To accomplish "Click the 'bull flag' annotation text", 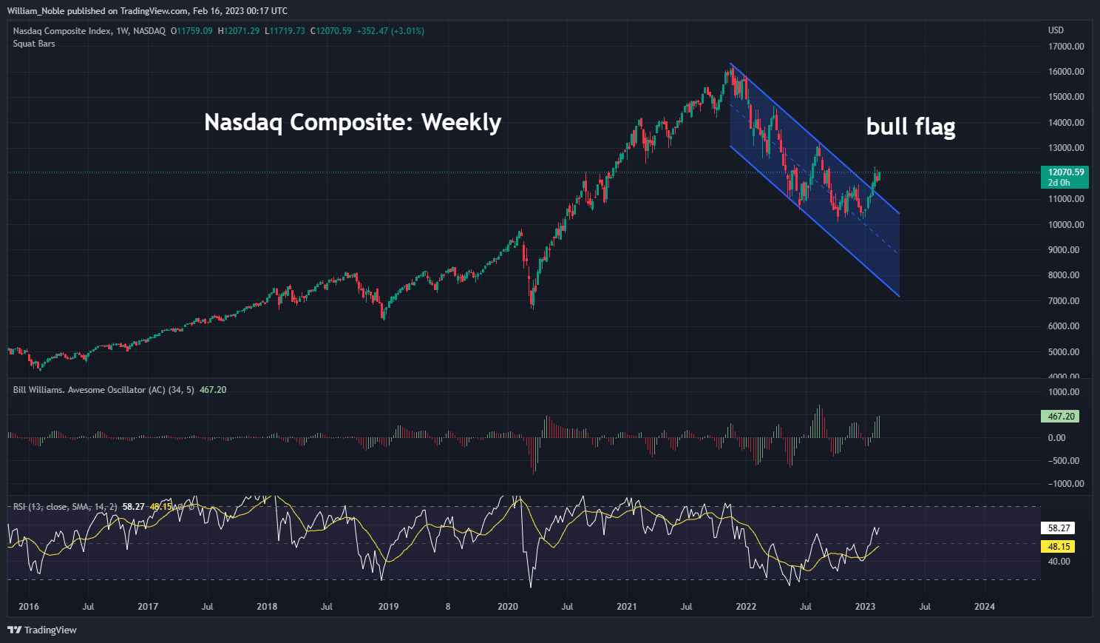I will pyautogui.click(x=910, y=127).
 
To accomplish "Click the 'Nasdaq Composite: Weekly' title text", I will pyautogui.click(x=353, y=122).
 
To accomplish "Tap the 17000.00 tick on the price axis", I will pyautogui.click(x=1065, y=46).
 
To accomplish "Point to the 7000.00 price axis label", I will pyautogui.click(x=1065, y=300).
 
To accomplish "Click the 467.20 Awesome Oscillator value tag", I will pyautogui.click(x=1060, y=417).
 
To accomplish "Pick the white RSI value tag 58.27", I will pyautogui.click(x=1059, y=528).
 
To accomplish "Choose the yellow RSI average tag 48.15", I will pyautogui.click(x=1059, y=547).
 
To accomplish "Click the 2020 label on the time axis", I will pyautogui.click(x=508, y=607).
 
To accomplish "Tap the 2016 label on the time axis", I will pyautogui.click(x=29, y=607).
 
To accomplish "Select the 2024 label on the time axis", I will pyautogui.click(x=984, y=607).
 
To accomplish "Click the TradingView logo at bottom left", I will pyautogui.click(x=42, y=630).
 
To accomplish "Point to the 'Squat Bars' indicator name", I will pyautogui.click(x=34, y=44).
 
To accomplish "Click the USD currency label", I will pyautogui.click(x=1056, y=30).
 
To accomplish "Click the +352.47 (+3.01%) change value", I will pyautogui.click(x=390, y=31).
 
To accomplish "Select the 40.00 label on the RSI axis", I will pyautogui.click(x=1059, y=562).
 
